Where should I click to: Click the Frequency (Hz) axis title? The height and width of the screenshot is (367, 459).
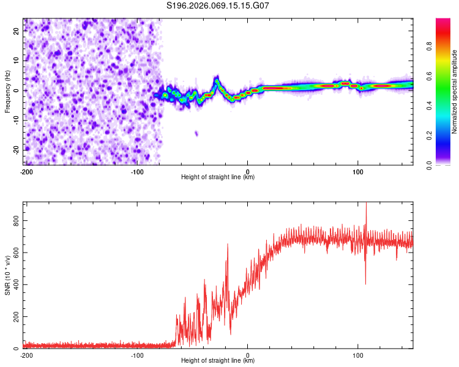click(x=7, y=92)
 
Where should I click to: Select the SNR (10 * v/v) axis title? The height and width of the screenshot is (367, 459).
click(x=7, y=275)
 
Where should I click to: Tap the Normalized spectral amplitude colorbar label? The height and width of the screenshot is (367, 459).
click(x=455, y=92)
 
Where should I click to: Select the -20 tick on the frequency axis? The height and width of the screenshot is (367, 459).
click(x=17, y=150)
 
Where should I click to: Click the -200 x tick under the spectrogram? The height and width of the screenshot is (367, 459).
click(x=26, y=171)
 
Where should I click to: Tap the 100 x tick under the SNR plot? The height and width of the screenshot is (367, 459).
click(x=358, y=355)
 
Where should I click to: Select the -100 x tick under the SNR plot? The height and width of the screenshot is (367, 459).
click(x=137, y=355)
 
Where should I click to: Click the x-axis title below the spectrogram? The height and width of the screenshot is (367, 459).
click(x=218, y=177)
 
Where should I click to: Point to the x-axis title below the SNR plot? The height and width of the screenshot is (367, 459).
click(x=218, y=361)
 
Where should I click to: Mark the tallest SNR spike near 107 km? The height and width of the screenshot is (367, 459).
click(x=366, y=204)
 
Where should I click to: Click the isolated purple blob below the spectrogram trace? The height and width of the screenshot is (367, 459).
click(x=196, y=133)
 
